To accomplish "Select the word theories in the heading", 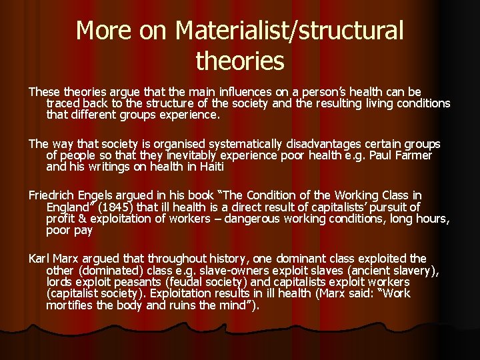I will [x=240, y=61].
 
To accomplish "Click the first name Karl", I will [x=39, y=258].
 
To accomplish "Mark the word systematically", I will [x=246, y=144].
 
